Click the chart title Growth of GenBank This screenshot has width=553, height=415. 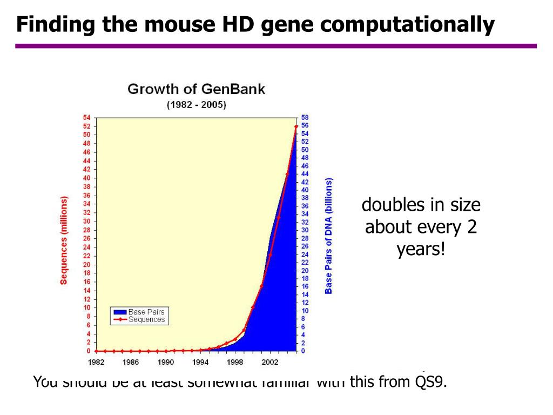(196, 89)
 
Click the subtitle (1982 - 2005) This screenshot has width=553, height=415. (196, 105)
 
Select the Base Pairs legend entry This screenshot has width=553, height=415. (146, 312)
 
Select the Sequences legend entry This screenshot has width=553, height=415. (146, 319)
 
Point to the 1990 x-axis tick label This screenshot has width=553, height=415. (166, 362)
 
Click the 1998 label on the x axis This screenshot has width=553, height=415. (235, 362)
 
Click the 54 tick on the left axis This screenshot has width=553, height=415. (86, 117)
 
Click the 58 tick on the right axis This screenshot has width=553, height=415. (305, 117)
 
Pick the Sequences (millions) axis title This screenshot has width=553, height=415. (64, 240)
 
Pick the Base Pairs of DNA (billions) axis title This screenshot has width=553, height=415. (328, 236)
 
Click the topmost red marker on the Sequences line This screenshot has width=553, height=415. (296, 126)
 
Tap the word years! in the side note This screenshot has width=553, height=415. (421, 250)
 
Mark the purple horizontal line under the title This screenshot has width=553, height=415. (275, 46)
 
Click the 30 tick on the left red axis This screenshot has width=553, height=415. (86, 222)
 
